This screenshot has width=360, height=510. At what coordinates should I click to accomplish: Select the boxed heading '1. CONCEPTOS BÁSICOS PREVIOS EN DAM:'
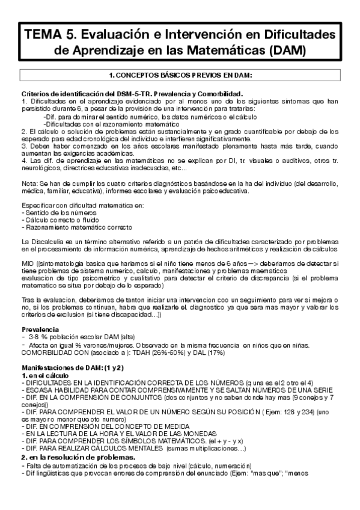[x=180, y=75]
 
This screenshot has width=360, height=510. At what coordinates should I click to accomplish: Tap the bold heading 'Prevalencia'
[x=40, y=330]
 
